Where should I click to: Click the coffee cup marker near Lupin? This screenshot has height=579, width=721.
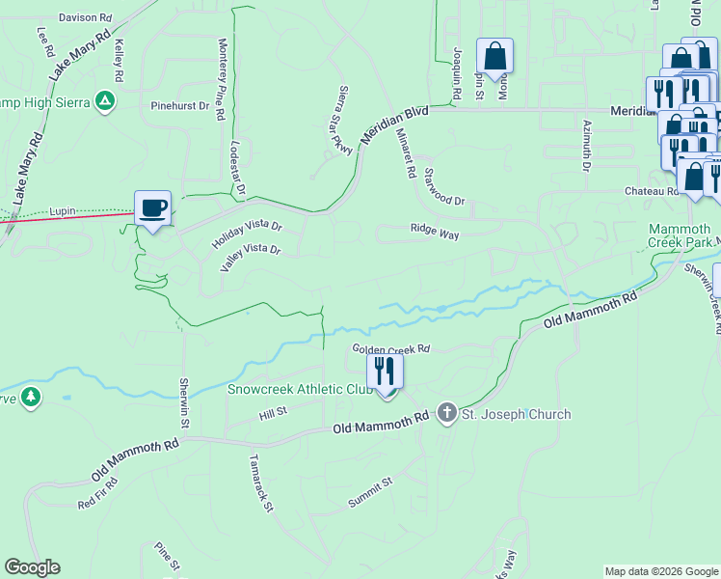tap(154, 207)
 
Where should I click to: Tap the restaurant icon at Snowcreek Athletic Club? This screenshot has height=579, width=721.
tap(385, 371)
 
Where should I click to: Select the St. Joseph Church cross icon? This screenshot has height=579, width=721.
tap(447, 414)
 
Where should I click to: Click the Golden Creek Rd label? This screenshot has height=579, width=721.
tap(390, 348)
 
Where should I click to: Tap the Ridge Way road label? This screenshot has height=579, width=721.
tap(434, 232)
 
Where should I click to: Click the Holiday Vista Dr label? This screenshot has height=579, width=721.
tap(247, 234)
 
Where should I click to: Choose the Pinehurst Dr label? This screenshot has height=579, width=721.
tap(179, 105)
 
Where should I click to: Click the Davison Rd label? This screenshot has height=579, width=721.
tap(85, 17)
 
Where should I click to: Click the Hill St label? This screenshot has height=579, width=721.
tap(274, 412)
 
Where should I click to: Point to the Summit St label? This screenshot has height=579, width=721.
tap(371, 493)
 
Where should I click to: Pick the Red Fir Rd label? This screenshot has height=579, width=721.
tap(98, 492)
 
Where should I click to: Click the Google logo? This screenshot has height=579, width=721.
tap(32, 567)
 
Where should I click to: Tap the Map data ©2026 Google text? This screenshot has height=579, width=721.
tap(660, 571)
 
